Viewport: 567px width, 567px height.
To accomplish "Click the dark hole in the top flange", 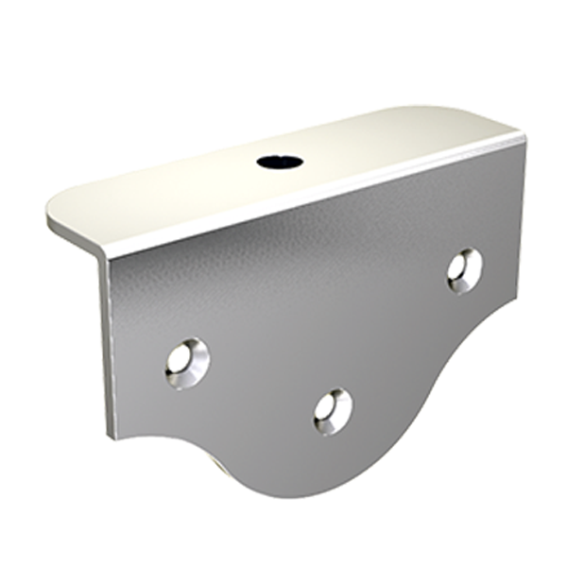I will [280, 163].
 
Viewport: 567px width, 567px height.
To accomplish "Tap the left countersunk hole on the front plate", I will [186, 362].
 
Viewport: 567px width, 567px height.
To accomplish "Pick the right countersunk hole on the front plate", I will [465, 269].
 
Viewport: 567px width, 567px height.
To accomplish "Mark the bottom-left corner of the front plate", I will [112, 438].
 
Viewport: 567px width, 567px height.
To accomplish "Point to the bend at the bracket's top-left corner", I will [103, 255].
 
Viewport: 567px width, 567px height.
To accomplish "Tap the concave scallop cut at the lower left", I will [165, 437].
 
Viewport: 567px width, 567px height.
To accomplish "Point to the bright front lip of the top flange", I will [312, 198].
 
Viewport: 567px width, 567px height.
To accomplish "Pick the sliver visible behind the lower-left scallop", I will [219, 463].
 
